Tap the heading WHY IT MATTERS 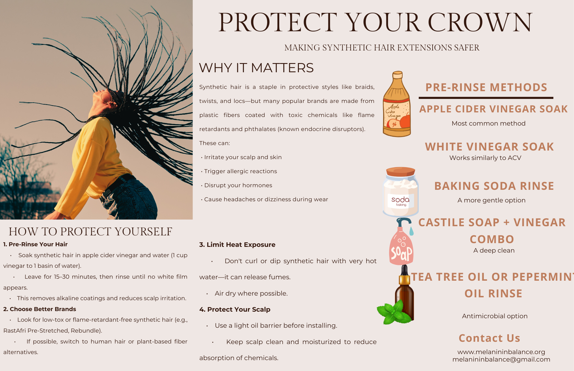pyautogui.click(x=256, y=68)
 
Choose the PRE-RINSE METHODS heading pyautogui.click(x=486, y=87)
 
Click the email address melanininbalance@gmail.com pyautogui.click(x=501, y=360)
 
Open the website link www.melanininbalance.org pyautogui.click(x=501, y=352)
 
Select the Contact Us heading pyautogui.click(x=489, y=338)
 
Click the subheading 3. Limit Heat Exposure pyautogui.click(x=237, y=245)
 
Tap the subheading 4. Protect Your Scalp pyautogui.click(x=235, y=309)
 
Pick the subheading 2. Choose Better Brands pyautogui.click(x=40, y=309)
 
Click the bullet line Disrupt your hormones pyautogui.click(x=238, y=185)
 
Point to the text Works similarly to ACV pyautogui.click(x=485, y=158)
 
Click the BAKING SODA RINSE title pyautogui.click(x=494, y=186)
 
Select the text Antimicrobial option pyautogui.click(x=495, y=316)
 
